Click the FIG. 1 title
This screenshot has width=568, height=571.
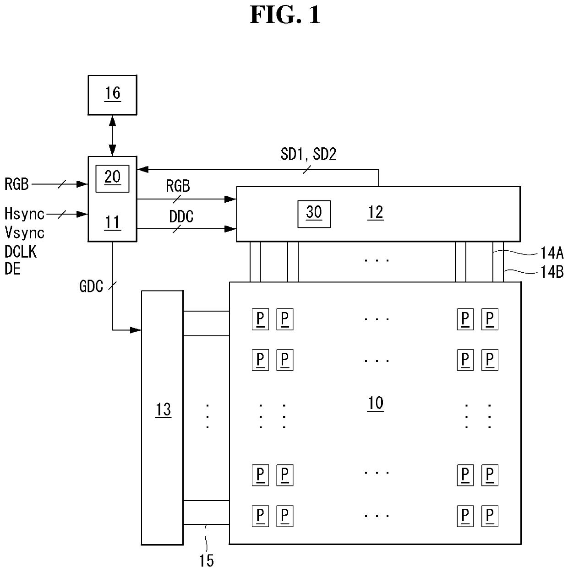[285, 15]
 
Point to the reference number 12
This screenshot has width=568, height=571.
[376, 212]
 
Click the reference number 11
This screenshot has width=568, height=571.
[113, 222]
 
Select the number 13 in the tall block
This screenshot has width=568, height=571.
[163, 409]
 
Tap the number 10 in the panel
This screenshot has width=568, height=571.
[376, 403]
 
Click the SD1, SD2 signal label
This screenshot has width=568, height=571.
[308, 154]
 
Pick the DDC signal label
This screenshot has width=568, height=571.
[181, 216]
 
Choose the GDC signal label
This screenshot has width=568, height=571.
[91, 286]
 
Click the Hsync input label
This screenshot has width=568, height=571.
[24, 214]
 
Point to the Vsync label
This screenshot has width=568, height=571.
[24, 232]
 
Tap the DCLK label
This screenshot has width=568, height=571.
[21, 252]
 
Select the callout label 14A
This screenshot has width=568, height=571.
[552, 253]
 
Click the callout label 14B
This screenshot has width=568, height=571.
[552, 272]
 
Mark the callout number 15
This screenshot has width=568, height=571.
[206, 560]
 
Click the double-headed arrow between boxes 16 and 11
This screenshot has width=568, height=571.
[112, 136]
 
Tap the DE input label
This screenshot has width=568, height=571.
[12, 269]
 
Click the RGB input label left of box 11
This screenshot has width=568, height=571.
[16, 184]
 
